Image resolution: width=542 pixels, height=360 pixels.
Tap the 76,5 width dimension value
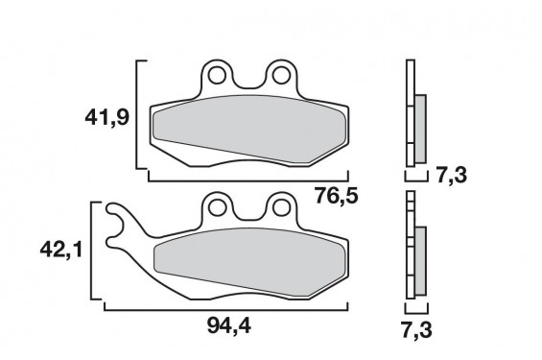click(x=339, y=198)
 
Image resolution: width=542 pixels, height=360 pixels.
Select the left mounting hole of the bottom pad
click(x=218, y=204)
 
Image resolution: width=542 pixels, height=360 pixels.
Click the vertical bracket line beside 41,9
click(x=140, y=120)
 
